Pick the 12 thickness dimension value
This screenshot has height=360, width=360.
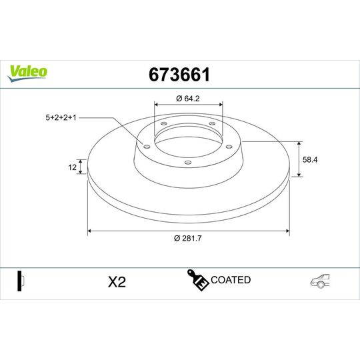coord(72,167)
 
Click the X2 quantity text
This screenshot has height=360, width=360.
coord(117,281)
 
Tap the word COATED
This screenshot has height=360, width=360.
coord(231,280)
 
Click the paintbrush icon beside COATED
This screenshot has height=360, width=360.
coord(197,281)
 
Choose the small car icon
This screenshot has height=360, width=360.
coord(320,281)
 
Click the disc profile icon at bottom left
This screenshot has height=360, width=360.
coord(21,281)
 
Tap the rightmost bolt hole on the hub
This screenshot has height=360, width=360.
coord(229,147)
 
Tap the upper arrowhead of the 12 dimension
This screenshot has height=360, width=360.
coord(83,161)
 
